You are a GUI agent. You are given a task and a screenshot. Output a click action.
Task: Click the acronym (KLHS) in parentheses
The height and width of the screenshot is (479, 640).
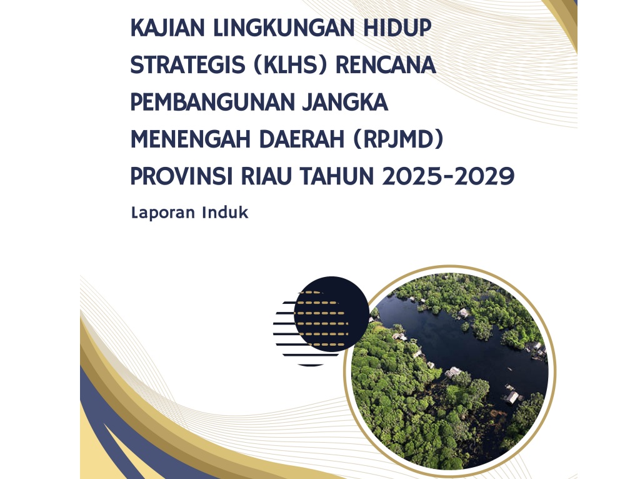coord(290,65)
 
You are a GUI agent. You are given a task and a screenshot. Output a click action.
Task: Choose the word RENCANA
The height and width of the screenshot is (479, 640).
coord(386,65)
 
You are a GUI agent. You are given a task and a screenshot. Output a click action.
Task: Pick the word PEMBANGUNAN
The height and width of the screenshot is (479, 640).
coord(212,102)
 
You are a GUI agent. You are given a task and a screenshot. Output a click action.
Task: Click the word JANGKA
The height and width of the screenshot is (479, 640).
coord(345,102)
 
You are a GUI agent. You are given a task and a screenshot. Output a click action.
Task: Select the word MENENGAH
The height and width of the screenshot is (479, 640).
coord(191,139)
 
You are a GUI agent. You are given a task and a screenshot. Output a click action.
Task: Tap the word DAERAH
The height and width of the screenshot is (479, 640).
coord(302,139)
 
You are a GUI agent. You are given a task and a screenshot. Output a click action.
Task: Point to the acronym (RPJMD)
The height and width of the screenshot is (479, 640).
coord(398,139)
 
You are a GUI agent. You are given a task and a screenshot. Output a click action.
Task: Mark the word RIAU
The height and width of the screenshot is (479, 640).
coord(266,176)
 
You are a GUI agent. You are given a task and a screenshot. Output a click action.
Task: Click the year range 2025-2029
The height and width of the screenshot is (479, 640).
coord(449,176)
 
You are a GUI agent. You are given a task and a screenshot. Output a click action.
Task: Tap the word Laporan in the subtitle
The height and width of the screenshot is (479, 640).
coord(163,213)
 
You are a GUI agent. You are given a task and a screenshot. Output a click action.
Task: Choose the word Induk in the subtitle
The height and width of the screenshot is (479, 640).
coord(225,212)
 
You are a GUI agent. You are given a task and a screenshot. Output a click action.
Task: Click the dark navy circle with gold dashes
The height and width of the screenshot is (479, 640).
coord(331,314)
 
